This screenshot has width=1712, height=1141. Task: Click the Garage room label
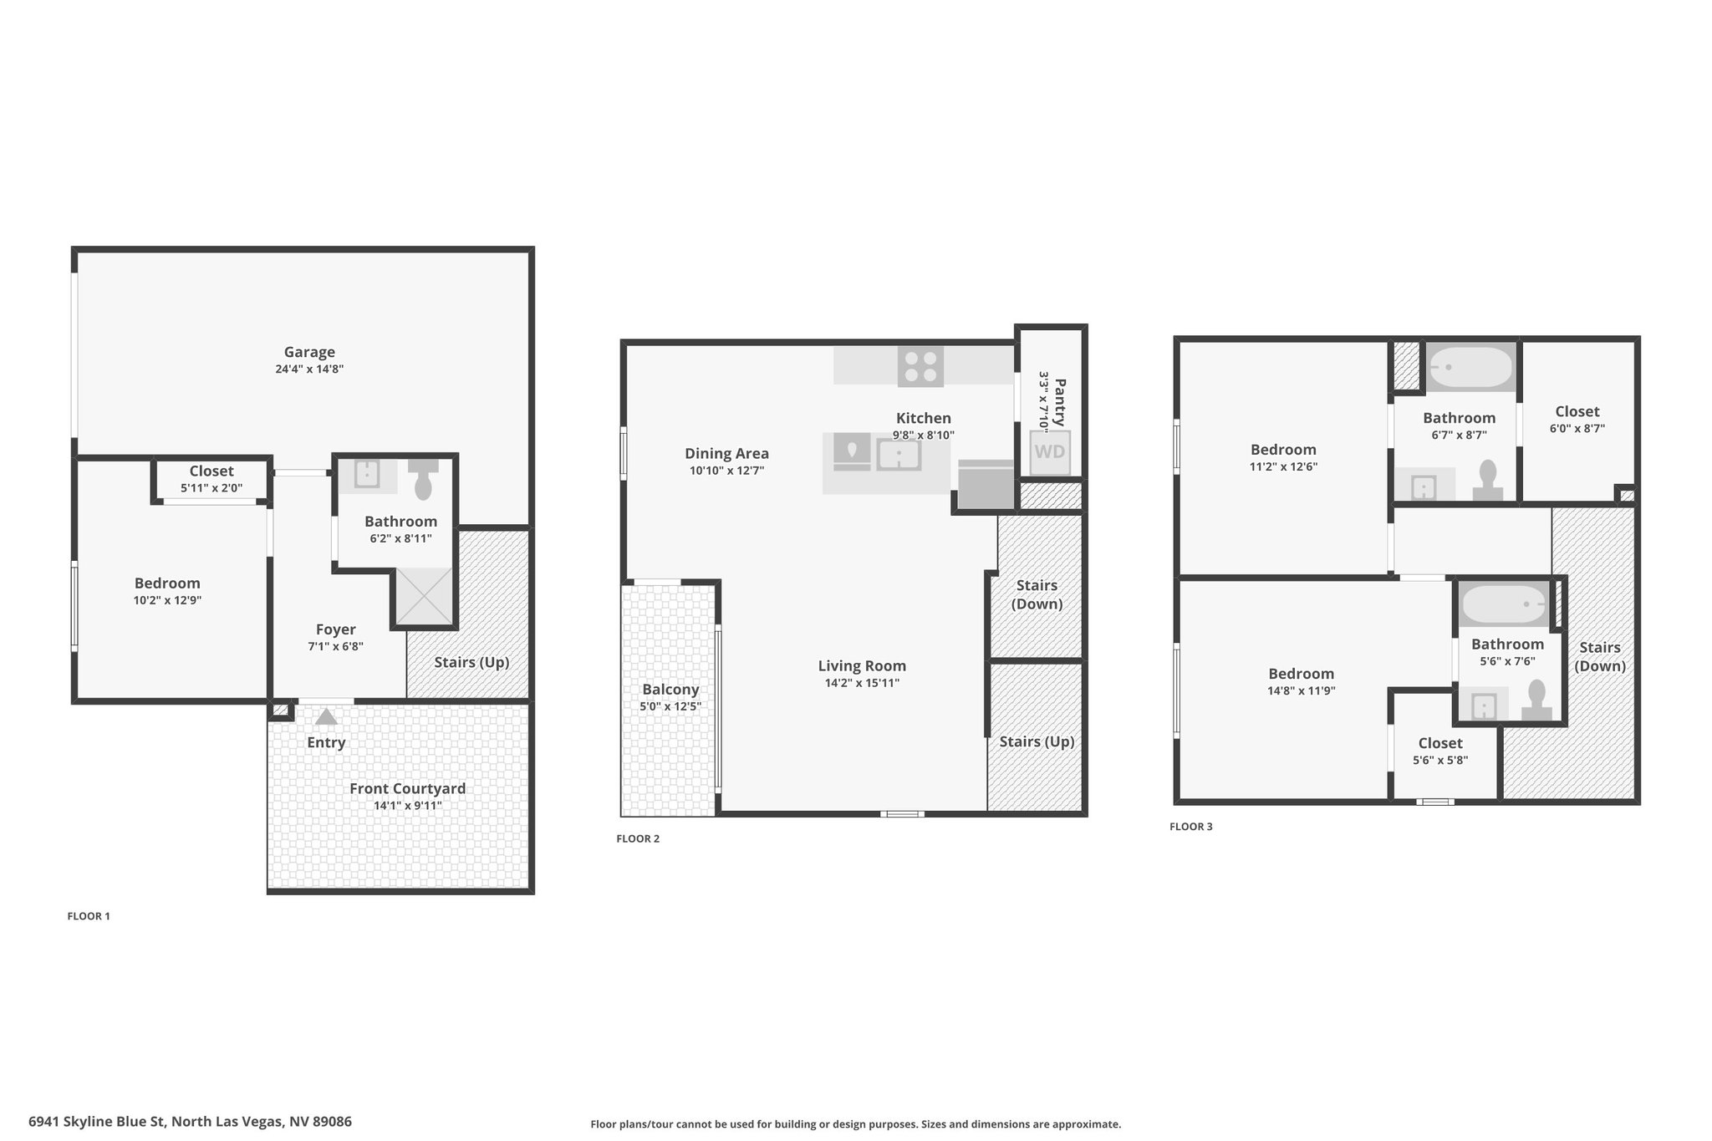(x=309, y=352)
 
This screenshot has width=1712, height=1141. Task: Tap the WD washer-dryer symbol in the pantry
(x=1050, y=451)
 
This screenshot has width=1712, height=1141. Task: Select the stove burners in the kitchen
(x=921, y=367)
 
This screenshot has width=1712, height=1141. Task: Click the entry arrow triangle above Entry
(x=326, y=716)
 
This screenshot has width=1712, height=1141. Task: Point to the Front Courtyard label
(x=407, y=788)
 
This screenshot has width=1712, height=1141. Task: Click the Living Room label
(x=862, y=665)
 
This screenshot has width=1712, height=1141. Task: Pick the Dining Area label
(x=726, y=453)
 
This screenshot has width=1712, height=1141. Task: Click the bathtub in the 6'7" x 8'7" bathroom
(x=1471, y=368)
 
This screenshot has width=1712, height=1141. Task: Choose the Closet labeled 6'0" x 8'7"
(x=1577, y=411)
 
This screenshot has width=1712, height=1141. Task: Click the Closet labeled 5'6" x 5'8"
(x=1440, y=743)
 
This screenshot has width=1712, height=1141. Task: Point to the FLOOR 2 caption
(x=638, y=838)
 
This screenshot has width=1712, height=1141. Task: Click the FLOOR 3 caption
(x=1190, y=827)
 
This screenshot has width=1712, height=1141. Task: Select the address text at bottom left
(x=190, y=1122)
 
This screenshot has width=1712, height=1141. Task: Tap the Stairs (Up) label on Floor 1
(x=471, y=662)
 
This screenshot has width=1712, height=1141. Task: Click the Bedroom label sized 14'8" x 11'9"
(x=1301, y=674)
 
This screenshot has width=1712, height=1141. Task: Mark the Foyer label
(x=335, y=629)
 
